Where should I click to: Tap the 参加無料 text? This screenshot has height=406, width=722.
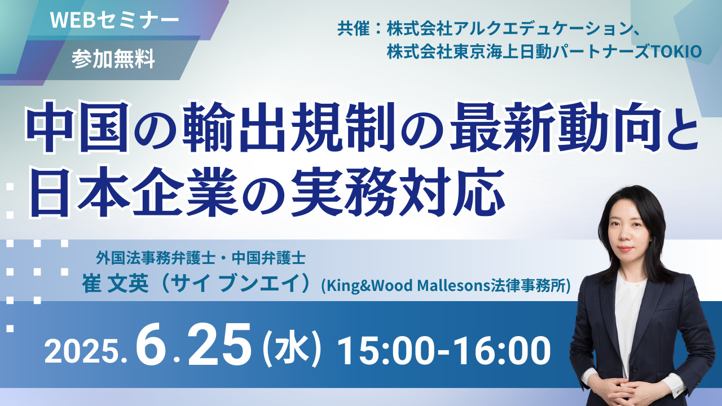(x=113, y=59)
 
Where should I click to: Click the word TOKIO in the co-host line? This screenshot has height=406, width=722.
(x=676, y=52)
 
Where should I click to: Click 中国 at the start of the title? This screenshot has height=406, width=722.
(x=78, y=127)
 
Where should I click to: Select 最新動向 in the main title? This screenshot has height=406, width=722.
(x=552, y=127)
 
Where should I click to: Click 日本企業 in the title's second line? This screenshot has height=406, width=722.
(x=132, y=192)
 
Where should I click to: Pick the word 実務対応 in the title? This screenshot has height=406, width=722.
(x=398, y=192)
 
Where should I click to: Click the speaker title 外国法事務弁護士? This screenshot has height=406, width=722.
(x=155, y=258)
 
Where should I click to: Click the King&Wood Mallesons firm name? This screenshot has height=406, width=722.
(x=446, y=285)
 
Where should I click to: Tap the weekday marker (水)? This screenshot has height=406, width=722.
(x=292, y=350)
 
